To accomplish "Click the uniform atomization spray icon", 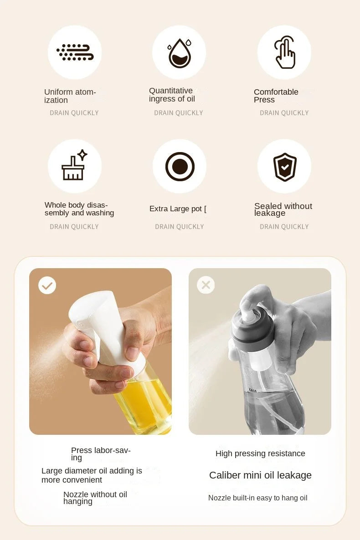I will [x=75, y=52].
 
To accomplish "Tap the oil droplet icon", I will [x=180, y=53].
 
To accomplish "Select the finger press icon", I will [x=285, y=53].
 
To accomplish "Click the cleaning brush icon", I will [x=74, y=166].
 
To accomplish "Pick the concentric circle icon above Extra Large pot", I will [x=180, y=166].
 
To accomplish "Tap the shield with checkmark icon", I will [x=285, y=167].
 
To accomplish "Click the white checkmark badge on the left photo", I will [x=47, y=285].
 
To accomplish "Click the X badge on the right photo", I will [x=206, y=285].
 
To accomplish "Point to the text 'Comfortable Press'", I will [x=276, y=96].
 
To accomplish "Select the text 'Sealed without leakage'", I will [x=283, y=209].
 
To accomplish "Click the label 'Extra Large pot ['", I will [x=178, y=209].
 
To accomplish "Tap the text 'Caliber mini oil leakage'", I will [x=260, y=475].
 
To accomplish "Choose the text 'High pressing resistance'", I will [x=260, y=453].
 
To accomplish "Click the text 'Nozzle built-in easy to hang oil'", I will [x=257, y=498].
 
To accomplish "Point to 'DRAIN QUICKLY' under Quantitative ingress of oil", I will [x=179, y=113].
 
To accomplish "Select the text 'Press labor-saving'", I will [x=101, y=454].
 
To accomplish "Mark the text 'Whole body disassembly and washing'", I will [x=79, y=209].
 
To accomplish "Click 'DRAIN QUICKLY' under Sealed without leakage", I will [x=284, y=227].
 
